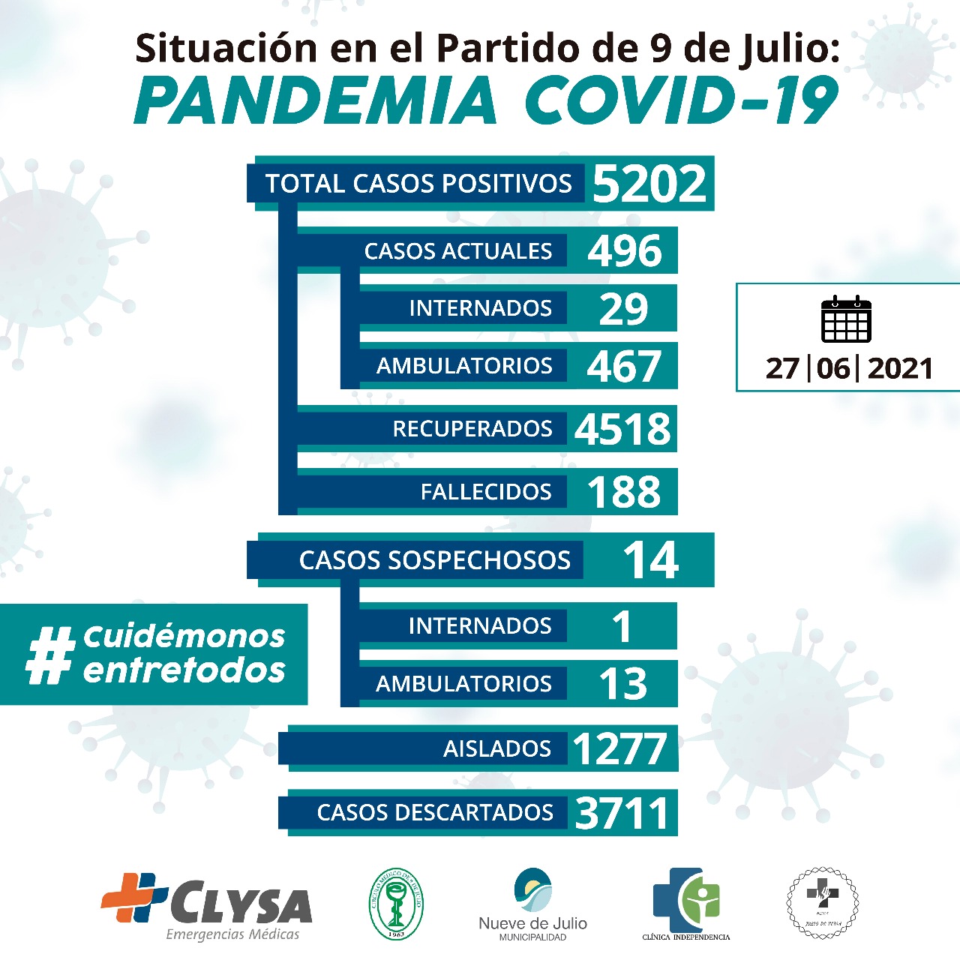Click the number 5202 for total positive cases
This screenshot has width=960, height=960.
point(649,184)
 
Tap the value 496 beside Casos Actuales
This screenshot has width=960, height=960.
point(625,251)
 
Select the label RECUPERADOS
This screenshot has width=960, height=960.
point(472,429)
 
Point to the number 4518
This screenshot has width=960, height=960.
point(622,429)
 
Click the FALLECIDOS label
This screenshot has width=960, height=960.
point(486,492)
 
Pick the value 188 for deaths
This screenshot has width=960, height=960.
point(624,493)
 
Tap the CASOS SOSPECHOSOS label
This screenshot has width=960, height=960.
point(434,560)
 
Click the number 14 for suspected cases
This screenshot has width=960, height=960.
point(650,560)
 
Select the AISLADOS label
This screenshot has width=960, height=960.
point(497,748)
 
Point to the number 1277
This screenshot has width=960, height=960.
point(619,748)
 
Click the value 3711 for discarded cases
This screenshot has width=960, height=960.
point(622,813)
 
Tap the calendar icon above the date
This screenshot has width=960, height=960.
point(846,319)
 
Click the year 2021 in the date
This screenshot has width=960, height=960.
point(900,369)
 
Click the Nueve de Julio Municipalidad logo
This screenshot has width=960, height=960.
point(532,904)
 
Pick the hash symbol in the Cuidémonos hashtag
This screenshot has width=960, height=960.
point(50,655)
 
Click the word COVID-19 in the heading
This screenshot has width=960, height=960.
point(680,100)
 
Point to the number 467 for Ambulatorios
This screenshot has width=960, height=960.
point(624,367)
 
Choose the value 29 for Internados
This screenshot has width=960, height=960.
point(623,309)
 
